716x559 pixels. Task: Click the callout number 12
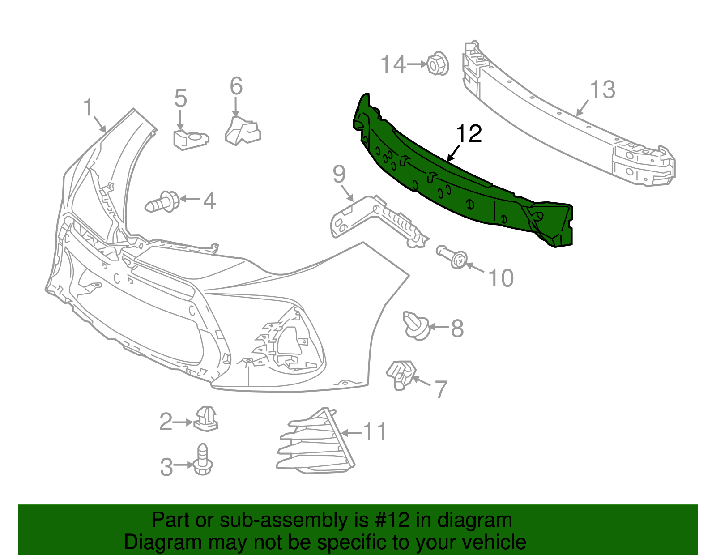469,134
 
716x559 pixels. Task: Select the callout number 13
602,90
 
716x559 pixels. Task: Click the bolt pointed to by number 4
162,202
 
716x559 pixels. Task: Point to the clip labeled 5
190,139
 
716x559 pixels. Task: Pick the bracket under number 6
242,131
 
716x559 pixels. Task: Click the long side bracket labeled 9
376,219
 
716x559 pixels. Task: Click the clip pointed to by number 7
401,374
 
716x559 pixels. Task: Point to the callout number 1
88,108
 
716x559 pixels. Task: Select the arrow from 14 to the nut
417,64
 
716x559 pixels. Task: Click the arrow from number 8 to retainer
439,327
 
